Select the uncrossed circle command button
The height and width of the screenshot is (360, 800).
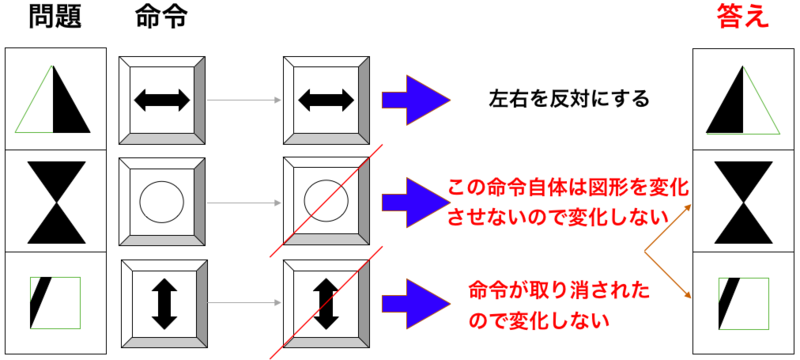tap(162, 200)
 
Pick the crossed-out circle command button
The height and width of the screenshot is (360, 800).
tap(325, 200)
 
